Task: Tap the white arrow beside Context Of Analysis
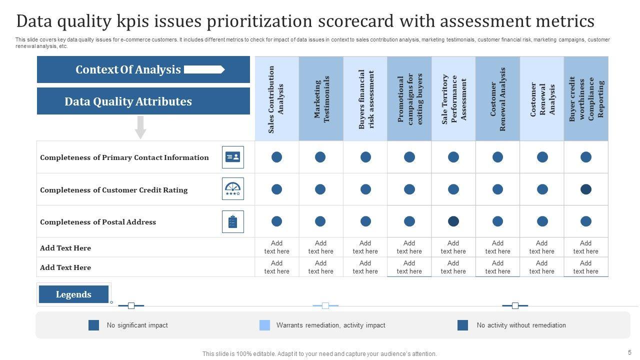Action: (204, 69)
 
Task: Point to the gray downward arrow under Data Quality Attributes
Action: (141, 127)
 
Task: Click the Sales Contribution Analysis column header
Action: (276, 99)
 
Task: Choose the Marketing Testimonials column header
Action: (321, 99)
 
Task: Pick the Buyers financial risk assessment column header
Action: (365, 99)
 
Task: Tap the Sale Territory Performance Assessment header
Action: (453, 99)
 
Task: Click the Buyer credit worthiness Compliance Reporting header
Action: (586, 99)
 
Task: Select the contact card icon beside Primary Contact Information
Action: (233, 157)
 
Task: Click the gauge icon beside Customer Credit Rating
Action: (233, 189)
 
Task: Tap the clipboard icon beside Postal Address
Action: (233, 221)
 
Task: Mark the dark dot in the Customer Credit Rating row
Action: (586, 189)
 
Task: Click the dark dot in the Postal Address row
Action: (453, 221)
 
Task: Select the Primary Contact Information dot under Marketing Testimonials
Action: (320, 157)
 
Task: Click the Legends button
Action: (73, 294)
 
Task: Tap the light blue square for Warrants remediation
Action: (264, 325)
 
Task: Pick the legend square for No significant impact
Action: (93, 325)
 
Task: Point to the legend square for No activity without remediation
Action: (462, 325)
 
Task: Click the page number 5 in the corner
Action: (629, 352)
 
